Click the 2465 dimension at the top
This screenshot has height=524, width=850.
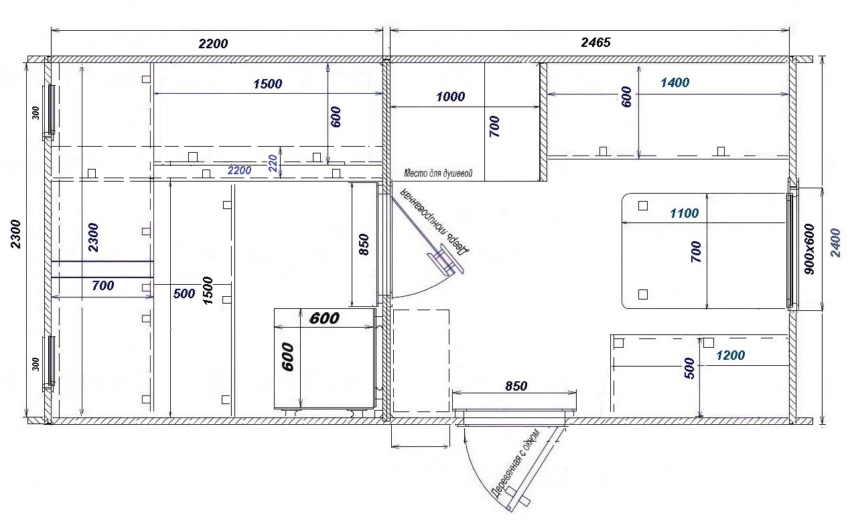(595, 42)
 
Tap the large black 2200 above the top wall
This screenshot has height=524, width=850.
(213, 44)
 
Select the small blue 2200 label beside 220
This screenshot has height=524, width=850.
(239, 170)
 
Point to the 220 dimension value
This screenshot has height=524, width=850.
(273, 163)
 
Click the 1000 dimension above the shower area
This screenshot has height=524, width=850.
(450, 96)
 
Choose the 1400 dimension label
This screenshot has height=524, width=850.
(675, 82)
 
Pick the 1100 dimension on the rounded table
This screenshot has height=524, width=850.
(684, 213)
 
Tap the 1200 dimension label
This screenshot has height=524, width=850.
(731, 355)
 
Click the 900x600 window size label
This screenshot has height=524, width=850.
(809, 249)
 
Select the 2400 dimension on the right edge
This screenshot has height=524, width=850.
(835, 243)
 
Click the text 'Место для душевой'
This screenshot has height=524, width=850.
(438, 174)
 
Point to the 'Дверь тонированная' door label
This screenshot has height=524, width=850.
(435, 222)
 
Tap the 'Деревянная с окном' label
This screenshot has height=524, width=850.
(515, 463)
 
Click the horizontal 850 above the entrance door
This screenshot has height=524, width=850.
(516, 386)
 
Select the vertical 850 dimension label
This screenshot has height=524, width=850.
(364, 245)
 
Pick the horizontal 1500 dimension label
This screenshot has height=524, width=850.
(267, 84)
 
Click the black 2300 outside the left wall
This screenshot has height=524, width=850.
(15, 234)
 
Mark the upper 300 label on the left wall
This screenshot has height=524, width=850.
(36, 113)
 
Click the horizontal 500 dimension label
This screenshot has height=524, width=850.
(184, 293)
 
